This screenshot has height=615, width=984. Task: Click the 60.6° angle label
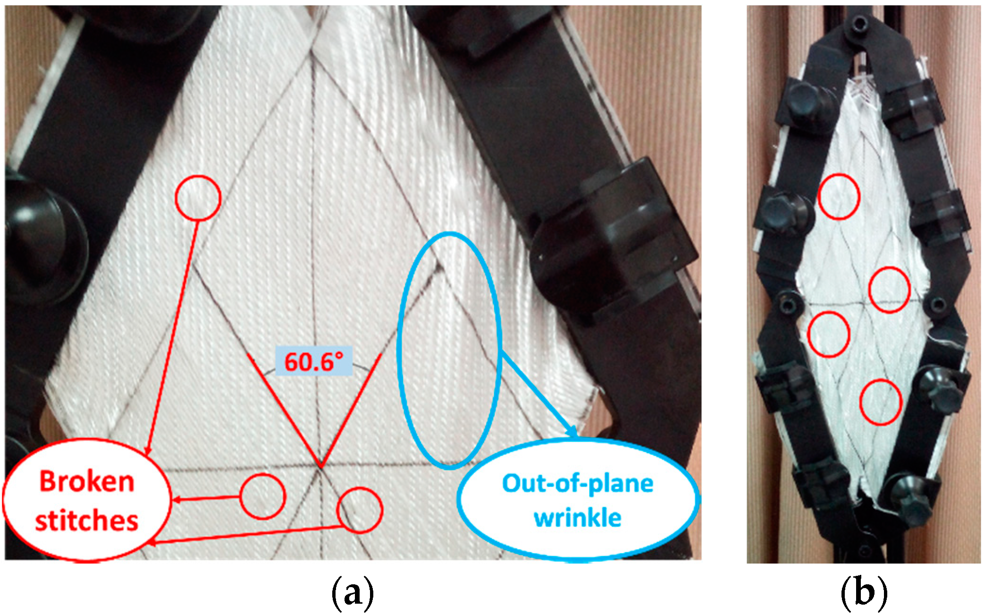coord(313,362)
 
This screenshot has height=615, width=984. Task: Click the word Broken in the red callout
coord(87,482)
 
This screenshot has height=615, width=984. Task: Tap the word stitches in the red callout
coord(87,521)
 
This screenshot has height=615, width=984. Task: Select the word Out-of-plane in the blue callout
coord(578,484)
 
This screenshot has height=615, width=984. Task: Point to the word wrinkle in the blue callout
coord(578,518)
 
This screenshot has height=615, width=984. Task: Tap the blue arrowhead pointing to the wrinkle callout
coord(572,431)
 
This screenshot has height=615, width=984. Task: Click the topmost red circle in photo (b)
coord(839,196)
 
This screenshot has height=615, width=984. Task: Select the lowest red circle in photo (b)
coord(881,402)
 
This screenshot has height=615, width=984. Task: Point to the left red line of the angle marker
coord(283,409)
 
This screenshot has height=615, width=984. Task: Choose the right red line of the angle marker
coord(352,409)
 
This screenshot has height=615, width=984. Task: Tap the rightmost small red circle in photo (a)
coord(360,510)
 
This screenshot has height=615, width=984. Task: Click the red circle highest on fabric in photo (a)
coord(198,198)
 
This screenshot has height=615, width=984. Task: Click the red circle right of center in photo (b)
coord(890,289)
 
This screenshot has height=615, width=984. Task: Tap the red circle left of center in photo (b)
coord(828,334)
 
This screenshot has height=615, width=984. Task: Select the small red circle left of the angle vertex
coord(263,497)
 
